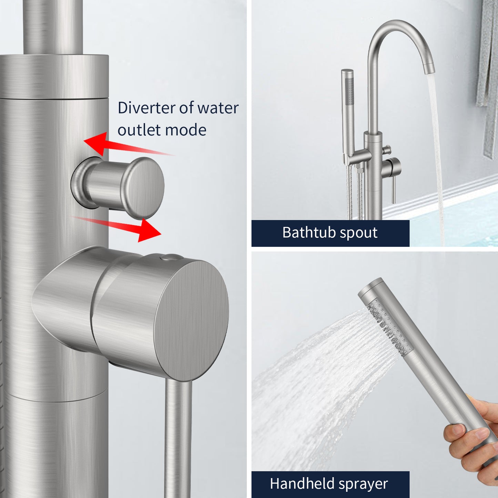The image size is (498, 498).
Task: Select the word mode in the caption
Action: (x=185, y=130)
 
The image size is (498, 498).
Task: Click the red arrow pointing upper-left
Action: (x=129, y=145)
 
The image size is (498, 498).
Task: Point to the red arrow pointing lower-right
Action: (x=116, y=227)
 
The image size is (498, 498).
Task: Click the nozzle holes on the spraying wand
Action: (x=388, y=327)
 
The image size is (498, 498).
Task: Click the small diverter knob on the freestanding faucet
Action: (x=387, y=150)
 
